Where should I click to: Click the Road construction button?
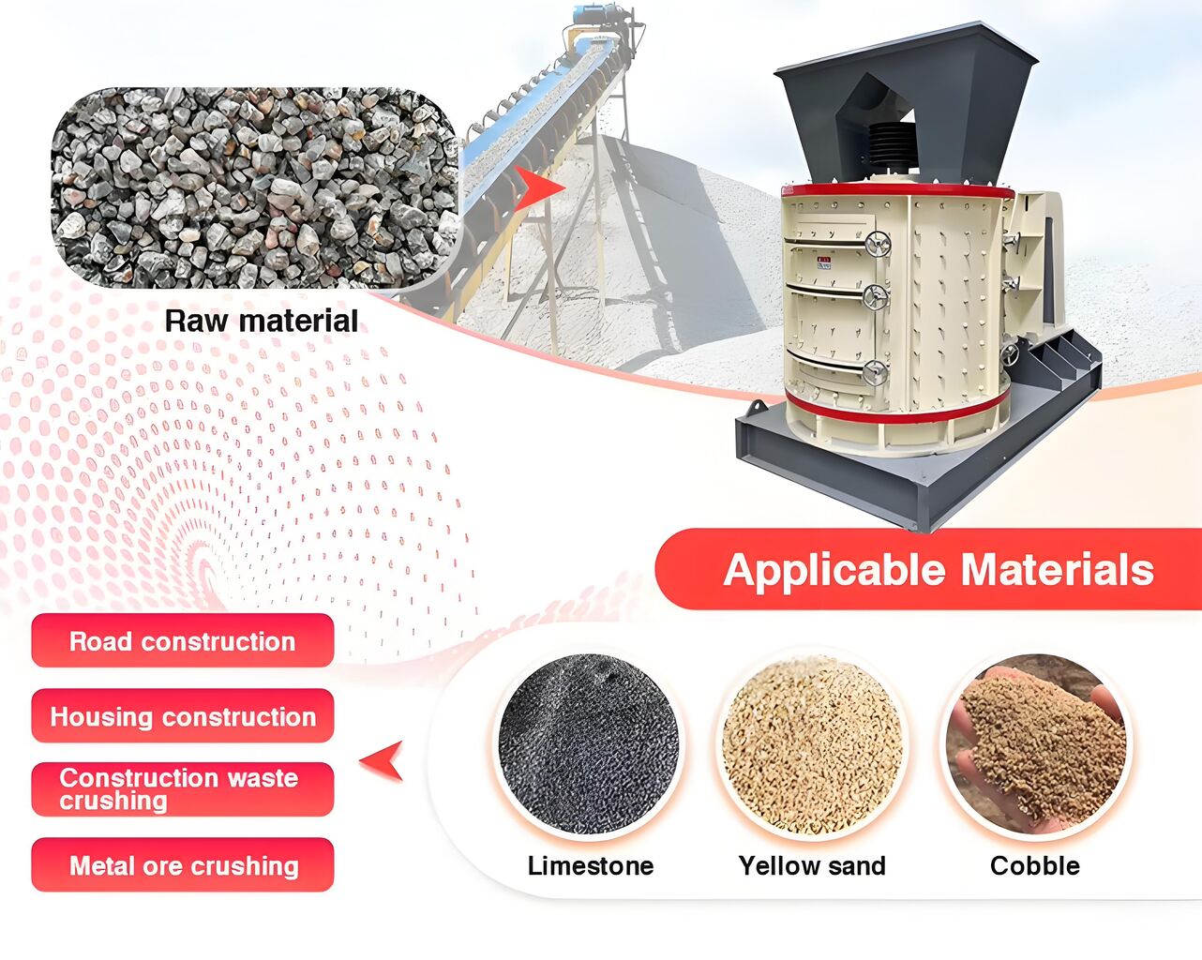[183, 640]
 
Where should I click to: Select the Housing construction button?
[183, 715]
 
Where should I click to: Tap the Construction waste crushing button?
[183, 789]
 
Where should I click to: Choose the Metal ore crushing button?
[183, 864]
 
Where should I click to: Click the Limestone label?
[591, 866]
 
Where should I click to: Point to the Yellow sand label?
[812, 866]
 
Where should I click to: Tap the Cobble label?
[1035, 866]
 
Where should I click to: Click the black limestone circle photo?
[589, 744]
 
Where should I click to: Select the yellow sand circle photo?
[813, 744]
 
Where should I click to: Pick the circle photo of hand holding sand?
[1036, 744]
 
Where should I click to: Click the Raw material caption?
[262, 322]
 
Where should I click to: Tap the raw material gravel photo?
[254, 187]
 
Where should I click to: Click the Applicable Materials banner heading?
[939, 570]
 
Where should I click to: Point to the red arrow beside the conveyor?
[536, 187]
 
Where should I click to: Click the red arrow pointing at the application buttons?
[383, 760]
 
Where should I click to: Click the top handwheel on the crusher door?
[878, 245]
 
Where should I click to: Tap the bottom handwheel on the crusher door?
[875, 373]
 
